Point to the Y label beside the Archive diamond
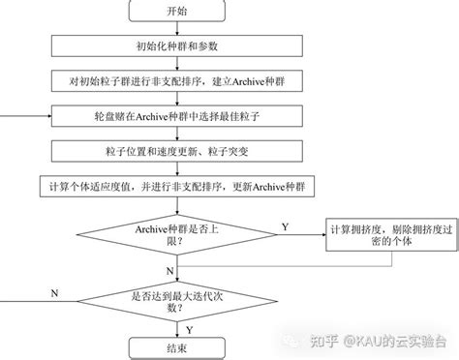click(x=285, y=225)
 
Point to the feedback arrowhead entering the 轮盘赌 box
click(x=46, y=117)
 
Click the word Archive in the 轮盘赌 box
click(x=152, y=117)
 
